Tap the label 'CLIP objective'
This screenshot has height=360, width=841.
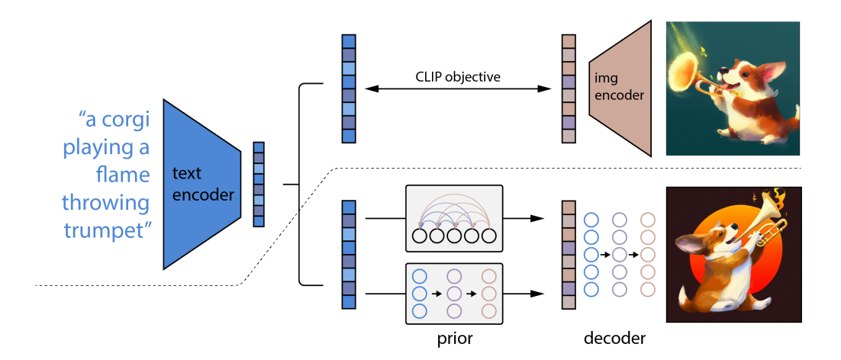pos(458,76)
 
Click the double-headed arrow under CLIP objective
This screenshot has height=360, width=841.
pos(458,89)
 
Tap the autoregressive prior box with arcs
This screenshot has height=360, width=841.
pos(454,218)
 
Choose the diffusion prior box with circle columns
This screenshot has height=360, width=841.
pos(454,292)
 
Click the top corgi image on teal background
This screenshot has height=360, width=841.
pos(733,88)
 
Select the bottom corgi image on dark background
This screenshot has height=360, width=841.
pos(733,254)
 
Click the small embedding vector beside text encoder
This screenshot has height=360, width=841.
pos(259,184)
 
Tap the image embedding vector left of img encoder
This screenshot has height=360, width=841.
pos(568,89)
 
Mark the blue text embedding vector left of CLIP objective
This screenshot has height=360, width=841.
pos(349,89)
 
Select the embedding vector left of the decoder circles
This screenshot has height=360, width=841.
pos(568,255)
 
